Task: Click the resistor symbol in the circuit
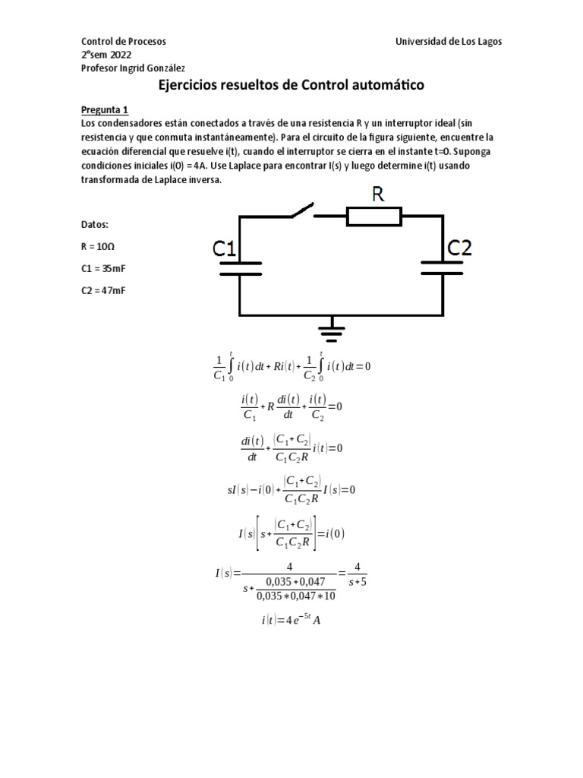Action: (x=374, y=217)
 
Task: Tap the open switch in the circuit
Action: (x=296, y=210)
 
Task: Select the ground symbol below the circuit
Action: (x=331, y=330)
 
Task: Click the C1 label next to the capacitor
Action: (x=226, y=248)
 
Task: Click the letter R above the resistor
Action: (x=377, y=194)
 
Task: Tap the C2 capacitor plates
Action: (x=443, y=267)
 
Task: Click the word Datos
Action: (x=95, y=225)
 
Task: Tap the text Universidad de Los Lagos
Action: (x=449, y=41)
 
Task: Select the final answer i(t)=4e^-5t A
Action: (x=291, y=620)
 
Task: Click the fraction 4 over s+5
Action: (x=361, y=574)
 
